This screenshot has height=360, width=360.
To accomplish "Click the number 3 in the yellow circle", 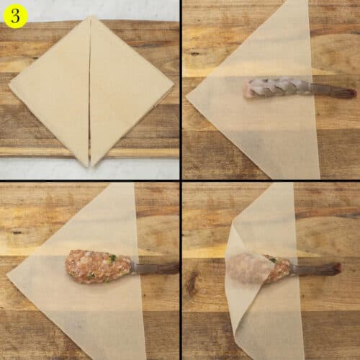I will coord(14,14).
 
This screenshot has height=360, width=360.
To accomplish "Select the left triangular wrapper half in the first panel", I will coord(54,90).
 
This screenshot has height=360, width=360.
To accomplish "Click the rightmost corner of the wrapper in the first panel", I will coord(174,89).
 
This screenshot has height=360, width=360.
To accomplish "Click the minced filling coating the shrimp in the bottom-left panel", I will coord(97,266).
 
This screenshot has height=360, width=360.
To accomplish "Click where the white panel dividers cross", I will coord(181,181).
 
